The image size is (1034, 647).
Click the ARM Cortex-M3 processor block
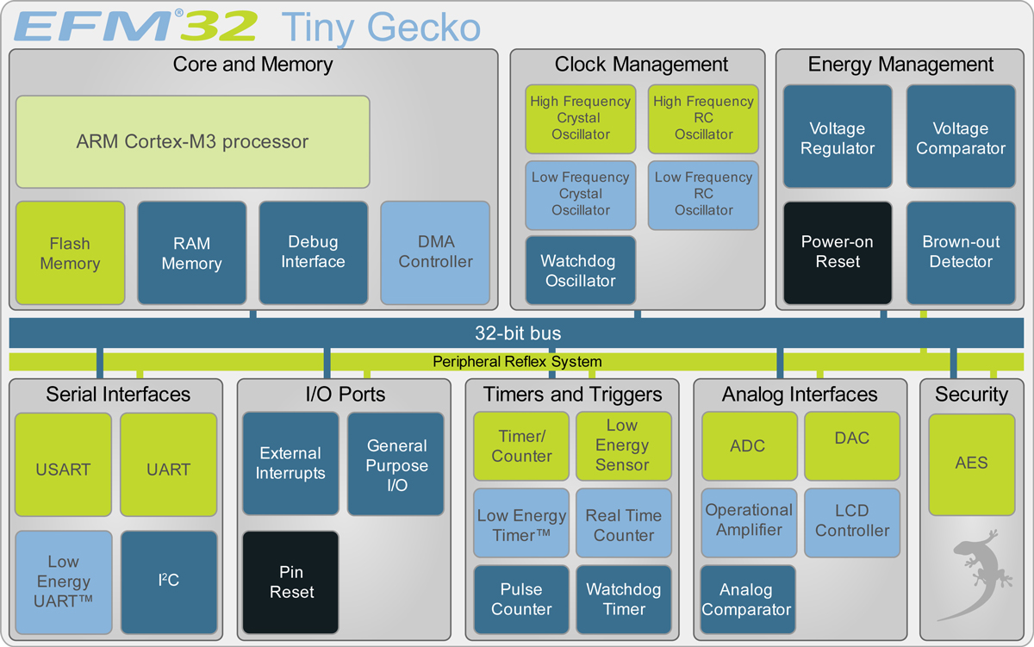192,141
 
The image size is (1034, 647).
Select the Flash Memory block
70,253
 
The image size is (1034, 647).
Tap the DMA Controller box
435,252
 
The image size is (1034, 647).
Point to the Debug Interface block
314,252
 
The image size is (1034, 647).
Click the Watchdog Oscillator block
581,271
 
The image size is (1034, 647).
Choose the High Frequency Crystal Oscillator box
581,118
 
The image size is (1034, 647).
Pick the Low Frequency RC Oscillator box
703,194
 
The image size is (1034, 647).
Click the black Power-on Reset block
838,252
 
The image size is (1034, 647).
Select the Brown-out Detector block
960,252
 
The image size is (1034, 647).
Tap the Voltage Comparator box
960,138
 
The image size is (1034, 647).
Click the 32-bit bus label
518,333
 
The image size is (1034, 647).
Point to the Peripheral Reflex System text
517,362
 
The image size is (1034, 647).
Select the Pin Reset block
291,582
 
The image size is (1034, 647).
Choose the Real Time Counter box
624,526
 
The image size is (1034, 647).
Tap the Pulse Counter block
521,600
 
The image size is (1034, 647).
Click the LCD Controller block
852,521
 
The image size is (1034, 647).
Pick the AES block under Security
971,463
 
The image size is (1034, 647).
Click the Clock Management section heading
641,65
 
